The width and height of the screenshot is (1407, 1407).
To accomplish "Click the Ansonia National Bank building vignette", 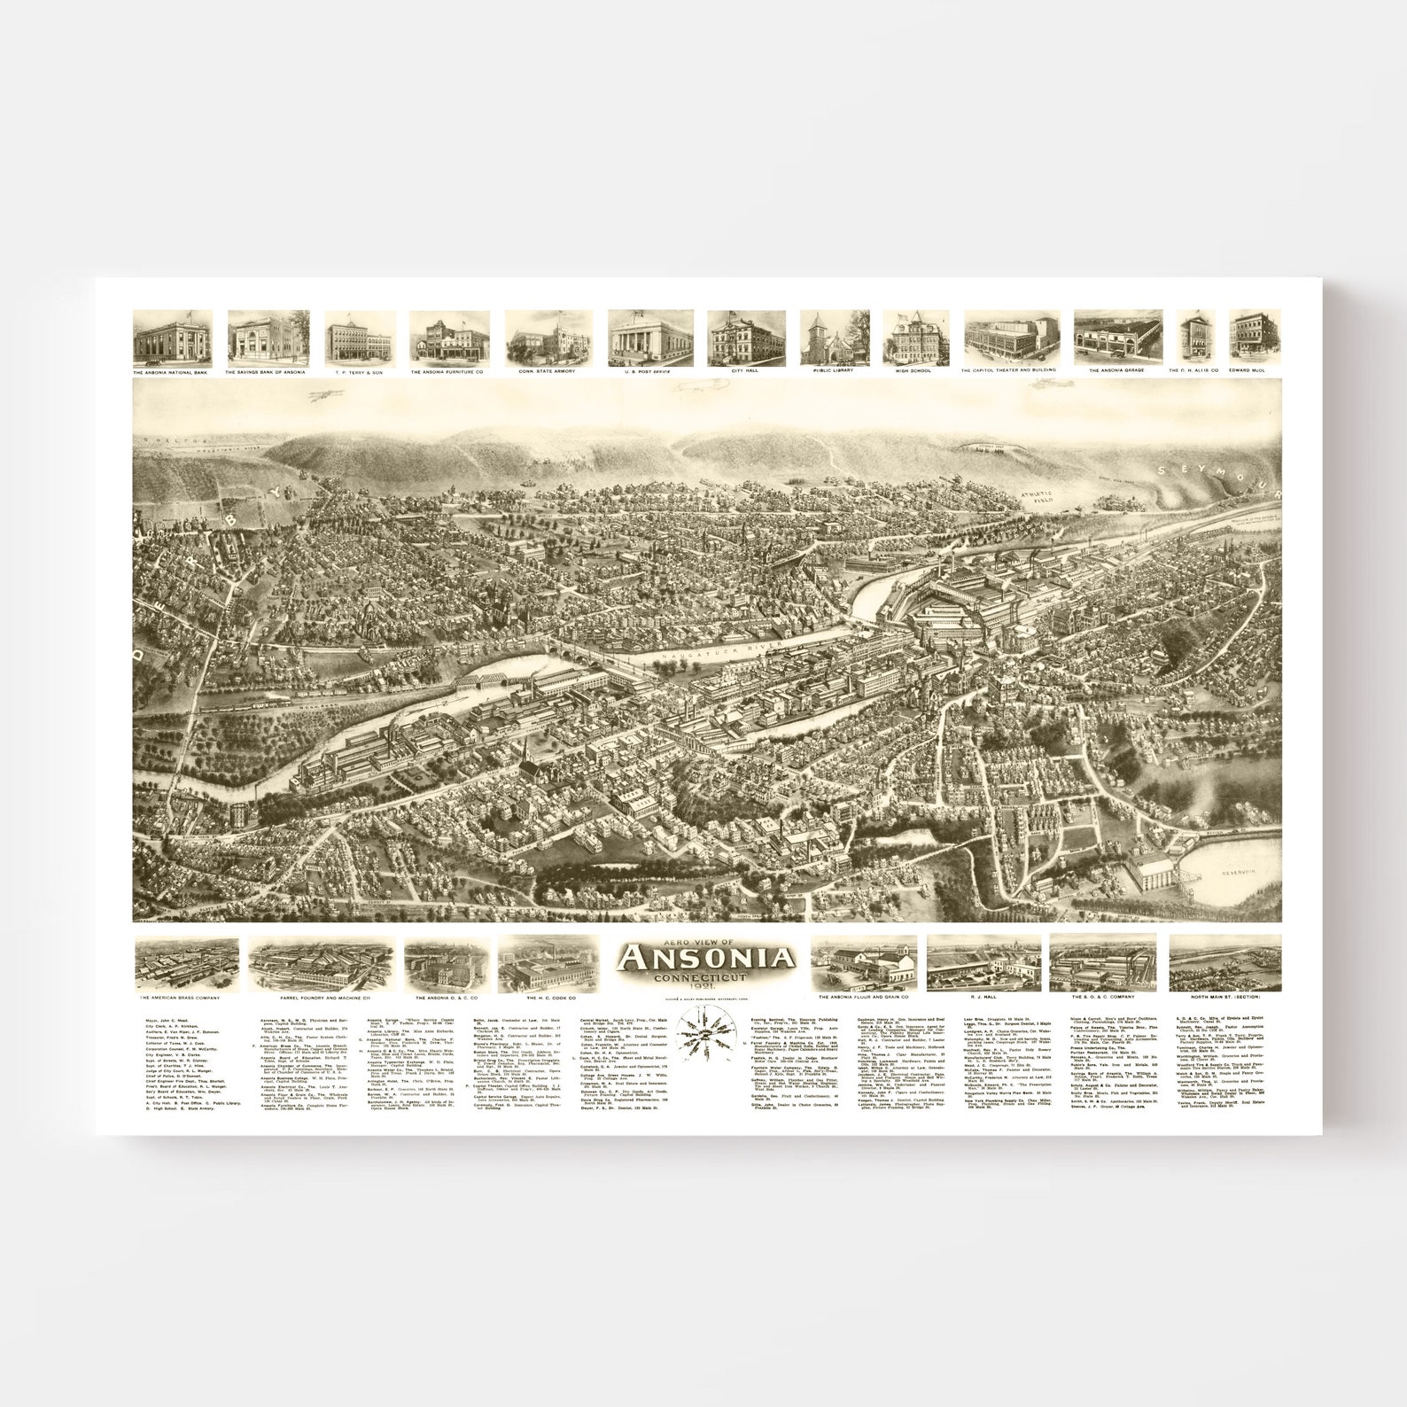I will (172, 338).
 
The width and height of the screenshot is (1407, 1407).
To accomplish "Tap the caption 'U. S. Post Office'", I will (649, 372).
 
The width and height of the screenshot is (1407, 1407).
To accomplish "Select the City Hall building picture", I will (746, 338).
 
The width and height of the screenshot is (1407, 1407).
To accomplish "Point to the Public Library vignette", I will (834, 338).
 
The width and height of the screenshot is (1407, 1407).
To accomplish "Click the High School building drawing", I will (915, 338).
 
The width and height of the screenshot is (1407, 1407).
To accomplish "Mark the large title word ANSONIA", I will (706, 958).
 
